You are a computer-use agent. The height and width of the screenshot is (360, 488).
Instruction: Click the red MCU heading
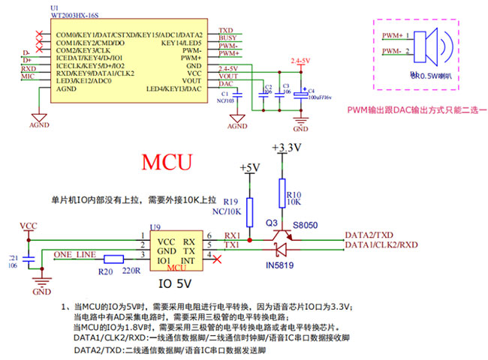167,161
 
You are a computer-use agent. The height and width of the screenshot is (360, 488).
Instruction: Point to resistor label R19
231,201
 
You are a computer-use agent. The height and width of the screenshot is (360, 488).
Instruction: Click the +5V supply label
249,166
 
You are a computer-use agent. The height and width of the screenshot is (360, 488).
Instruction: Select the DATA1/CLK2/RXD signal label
379,245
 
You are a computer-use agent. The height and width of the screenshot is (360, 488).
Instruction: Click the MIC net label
28,76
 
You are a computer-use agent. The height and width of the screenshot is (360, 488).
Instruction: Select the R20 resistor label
106,271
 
